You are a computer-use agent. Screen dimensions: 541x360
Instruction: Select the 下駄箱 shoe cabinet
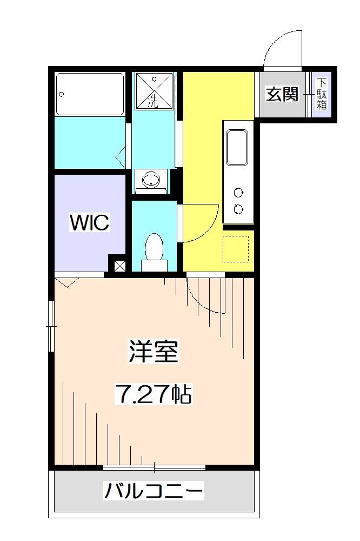tap(322, 95)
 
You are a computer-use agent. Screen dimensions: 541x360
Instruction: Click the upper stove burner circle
tap(238, 192)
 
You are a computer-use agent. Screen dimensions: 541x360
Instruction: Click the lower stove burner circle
tap(238, 208)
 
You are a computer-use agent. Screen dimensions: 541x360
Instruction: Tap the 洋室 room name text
tap(154, 353)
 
